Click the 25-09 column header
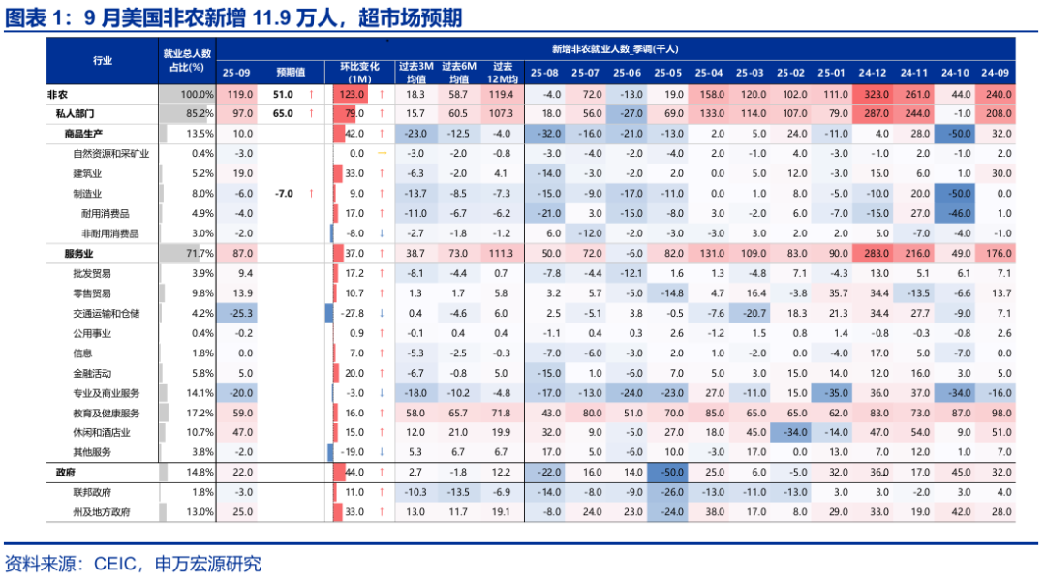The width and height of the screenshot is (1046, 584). [x=236, y=73]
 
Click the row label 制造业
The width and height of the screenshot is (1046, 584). [x=87, y=194]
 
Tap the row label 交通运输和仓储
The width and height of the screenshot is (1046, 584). [x=107, y=313]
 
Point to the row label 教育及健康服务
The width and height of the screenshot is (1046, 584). [x=107, y=413]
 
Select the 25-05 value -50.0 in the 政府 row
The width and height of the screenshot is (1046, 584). [x=666, y=472]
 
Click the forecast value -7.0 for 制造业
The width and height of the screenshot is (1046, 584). [x=283, y=194]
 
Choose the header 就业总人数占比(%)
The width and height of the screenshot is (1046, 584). [x=187, y=60]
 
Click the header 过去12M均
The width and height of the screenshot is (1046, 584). [x=502, y=73]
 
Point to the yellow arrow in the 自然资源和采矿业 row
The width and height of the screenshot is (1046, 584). [x=382, y=154]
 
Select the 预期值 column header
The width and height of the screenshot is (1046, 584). [x=290, y=73]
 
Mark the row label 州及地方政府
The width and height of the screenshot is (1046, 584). [x=102, y=511]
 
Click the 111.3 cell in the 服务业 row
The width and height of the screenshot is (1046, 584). [x=502, y=253]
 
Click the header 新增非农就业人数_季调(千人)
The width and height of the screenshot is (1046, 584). [x=615, y=48]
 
